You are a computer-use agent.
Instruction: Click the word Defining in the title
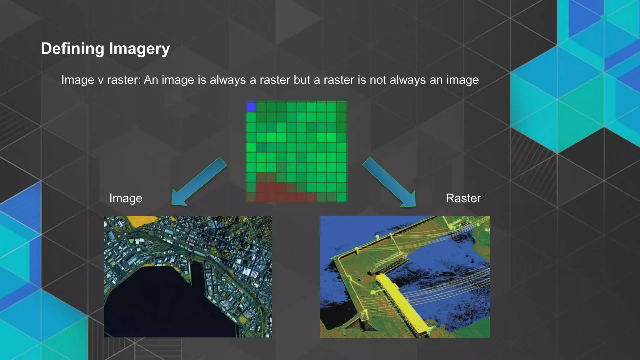[72, 49]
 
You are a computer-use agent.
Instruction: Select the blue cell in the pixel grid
[251, 107]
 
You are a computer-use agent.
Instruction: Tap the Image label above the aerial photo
[126, 198]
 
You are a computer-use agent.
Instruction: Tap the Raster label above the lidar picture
[463, 198]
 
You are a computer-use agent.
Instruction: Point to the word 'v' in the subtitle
[101, 80]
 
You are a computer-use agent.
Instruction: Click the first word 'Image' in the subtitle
[77, 80]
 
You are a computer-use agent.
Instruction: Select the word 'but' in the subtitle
[302, 80]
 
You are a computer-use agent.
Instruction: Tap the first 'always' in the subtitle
[228, 80]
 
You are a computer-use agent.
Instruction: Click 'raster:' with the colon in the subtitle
[124, 80]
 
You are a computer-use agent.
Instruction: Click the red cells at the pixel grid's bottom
[275, 192]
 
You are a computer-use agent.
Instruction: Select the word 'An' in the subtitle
[151, 80]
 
